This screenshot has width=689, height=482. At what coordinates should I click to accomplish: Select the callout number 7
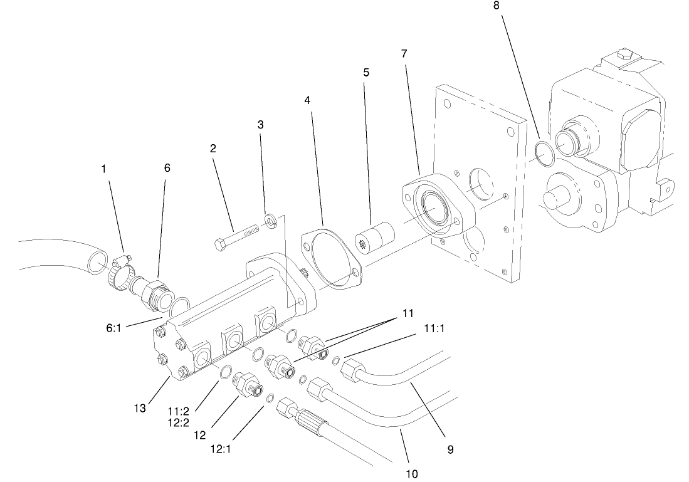tap(404, 54)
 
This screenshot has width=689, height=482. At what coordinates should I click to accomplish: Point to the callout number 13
tap(139, 408)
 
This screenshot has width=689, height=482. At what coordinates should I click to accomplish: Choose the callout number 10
tap(412, 473)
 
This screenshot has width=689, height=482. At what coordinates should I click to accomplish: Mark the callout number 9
tap(450, 449)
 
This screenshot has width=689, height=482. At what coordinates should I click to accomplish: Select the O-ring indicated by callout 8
tap(544, 154)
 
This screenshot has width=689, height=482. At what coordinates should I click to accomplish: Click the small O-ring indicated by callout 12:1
tap(270, 398)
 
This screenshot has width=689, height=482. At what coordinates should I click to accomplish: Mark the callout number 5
tap(366, 72)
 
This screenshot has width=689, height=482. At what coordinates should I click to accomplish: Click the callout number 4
tap(307, 100)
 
